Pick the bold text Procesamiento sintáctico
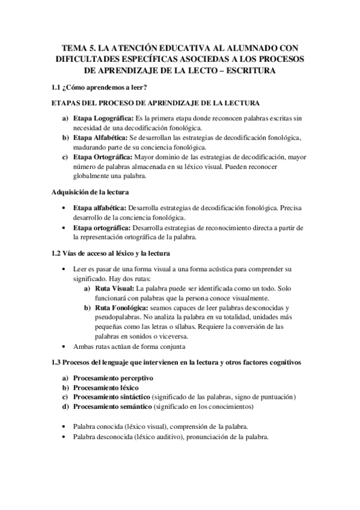pos(111,397)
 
